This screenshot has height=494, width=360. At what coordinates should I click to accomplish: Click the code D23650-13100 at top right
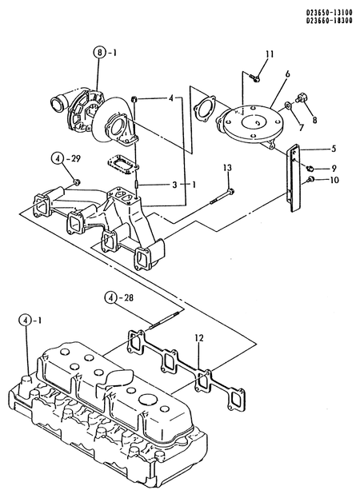tap(329, 14)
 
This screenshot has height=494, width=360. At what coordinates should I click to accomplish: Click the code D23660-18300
tap(329, 21)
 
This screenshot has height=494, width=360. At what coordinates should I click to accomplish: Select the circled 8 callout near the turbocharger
tap(99, 53)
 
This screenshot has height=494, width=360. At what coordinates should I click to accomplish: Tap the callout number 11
tap(270, 54)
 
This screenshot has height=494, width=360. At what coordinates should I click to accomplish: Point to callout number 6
tap(287, 74)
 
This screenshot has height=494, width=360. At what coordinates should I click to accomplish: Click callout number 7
tap(301, 128)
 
